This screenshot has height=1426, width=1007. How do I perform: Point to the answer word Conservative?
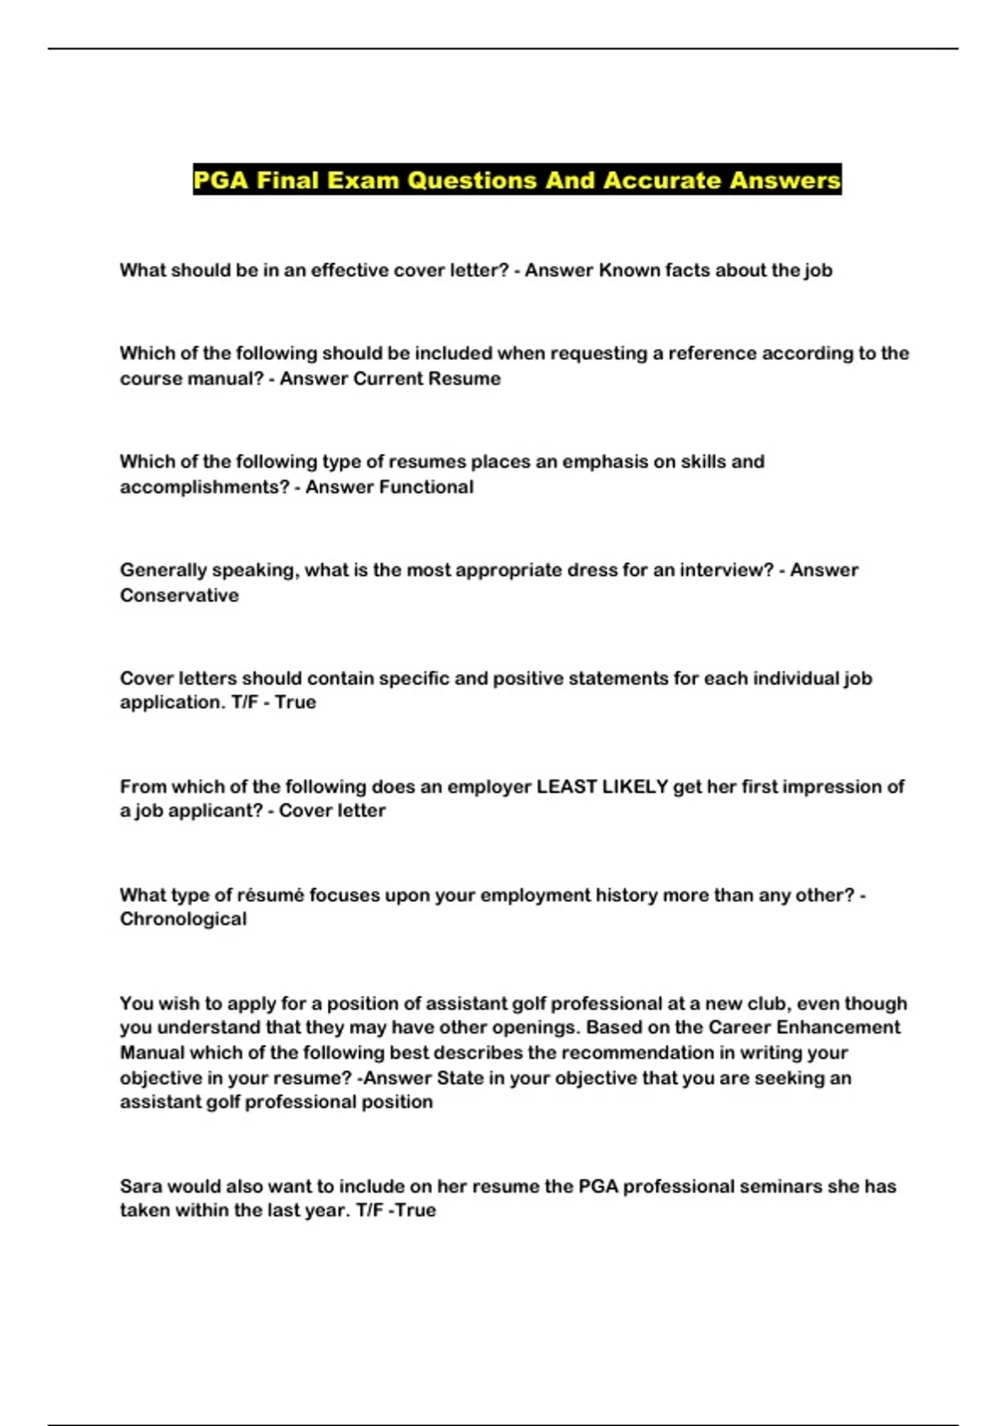coord(180,595)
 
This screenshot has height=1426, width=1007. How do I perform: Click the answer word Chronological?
coord(183,919)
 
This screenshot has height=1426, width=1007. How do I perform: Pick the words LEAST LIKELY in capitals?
coord(602,786)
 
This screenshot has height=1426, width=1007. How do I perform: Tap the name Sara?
coord(140,1186)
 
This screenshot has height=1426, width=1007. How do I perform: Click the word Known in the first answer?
coord(629,270)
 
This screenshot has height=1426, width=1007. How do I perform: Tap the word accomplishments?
coord(202,487)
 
